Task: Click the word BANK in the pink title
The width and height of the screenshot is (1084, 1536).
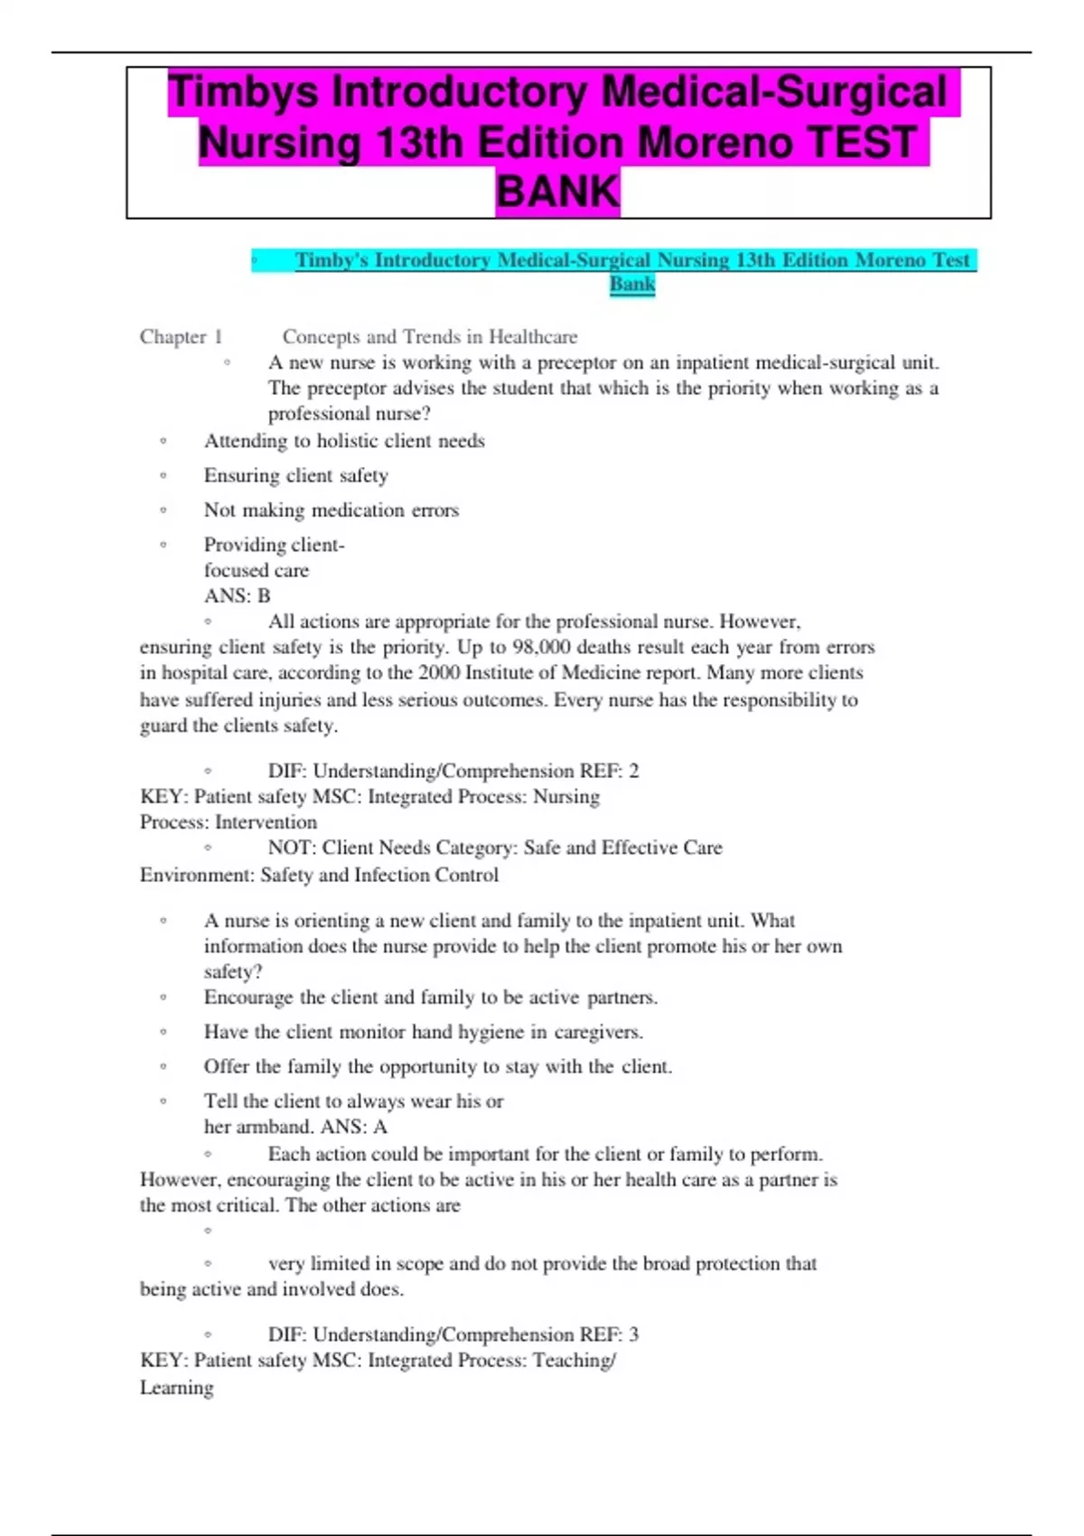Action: tap(557, 192)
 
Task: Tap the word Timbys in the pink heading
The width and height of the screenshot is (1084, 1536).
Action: tap(243, 92)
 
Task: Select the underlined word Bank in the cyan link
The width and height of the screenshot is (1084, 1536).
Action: tap(632, 285)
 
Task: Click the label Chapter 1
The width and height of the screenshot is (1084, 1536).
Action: tap(181, 337)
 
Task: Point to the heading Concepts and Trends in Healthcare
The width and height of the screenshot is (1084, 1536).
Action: tap(430, 337)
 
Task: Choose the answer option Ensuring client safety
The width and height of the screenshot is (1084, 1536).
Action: tap(295, 475)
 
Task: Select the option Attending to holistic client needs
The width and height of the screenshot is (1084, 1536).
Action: tap(344, 441)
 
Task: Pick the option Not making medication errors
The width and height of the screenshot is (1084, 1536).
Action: tap(331, 510)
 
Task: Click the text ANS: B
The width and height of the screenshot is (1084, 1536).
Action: tap(237, 595)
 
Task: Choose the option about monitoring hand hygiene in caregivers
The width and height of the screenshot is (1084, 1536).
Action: tap(423, 1032)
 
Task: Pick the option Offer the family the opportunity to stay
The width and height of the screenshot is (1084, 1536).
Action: tap(437, 1066)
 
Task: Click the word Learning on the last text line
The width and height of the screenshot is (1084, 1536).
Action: tap(177, 1387)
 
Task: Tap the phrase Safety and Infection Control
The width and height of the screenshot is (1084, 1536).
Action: tap(379, 875)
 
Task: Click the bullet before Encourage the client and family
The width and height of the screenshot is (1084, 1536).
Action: tap(164, 997)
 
